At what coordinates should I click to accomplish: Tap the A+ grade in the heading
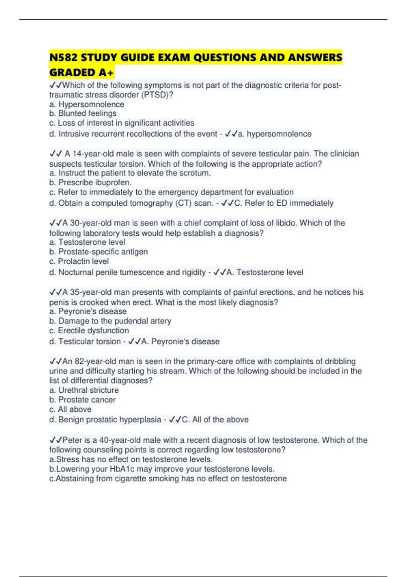pos(106,73)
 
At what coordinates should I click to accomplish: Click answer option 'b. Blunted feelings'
pos(83,113)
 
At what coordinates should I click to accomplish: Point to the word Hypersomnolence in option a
pos(91,104)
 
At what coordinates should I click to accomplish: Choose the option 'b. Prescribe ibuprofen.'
pos(90,183)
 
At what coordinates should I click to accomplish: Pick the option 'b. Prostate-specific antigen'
pos(98,252)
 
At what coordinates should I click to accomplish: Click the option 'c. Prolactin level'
pos(79,261)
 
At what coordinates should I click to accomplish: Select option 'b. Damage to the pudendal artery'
pos(110,321)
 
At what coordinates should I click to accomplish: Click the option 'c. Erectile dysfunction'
pos(89,331)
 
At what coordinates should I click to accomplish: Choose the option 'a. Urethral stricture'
pos(84,390)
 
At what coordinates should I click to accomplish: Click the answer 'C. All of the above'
pos(215,420)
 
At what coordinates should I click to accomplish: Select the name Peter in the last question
pos(72,440)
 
